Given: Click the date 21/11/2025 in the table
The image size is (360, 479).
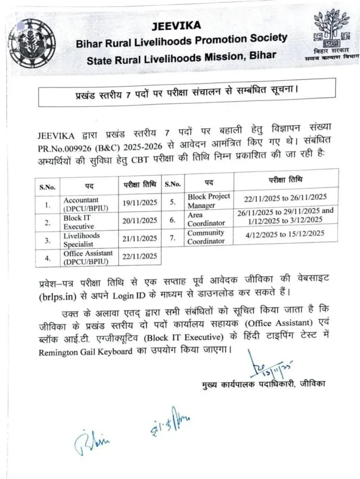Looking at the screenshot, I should coord(140,239).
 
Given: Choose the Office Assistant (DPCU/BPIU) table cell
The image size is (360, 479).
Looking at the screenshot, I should coord(88,257).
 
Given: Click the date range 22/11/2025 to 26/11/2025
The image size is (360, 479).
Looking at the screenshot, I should coord(285,198).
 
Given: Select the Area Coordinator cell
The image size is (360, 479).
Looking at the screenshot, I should coord(206,219).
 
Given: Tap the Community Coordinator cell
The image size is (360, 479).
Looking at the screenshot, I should coord(206,237).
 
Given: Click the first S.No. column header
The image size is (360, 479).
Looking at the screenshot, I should coord(47,187).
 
